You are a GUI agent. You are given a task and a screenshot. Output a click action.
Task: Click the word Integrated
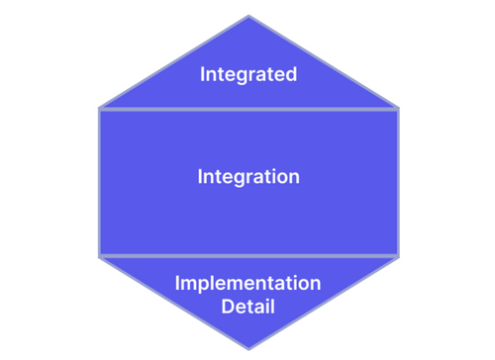248,74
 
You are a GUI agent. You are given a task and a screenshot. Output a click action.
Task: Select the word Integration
248,177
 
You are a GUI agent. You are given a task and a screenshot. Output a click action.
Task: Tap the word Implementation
247,283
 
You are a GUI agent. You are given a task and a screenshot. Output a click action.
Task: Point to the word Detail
247,307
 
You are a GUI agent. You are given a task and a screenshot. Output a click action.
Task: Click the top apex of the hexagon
248,16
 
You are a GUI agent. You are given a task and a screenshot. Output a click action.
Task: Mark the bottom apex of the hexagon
248,349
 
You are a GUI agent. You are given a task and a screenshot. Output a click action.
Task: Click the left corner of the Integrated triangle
99,108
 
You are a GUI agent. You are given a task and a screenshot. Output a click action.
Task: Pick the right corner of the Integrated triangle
399,108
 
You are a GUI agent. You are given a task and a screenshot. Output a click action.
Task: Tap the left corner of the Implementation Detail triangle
99,257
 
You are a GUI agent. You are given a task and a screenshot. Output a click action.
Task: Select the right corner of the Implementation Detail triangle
399,257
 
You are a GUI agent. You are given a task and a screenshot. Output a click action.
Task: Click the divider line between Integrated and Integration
248,109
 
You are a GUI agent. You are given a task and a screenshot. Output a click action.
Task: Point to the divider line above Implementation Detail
248,256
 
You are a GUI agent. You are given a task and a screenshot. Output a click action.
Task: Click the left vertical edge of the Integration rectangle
99,183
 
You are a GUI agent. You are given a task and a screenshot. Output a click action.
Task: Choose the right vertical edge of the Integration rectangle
398,183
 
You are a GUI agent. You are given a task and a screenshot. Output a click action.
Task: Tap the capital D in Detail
228,307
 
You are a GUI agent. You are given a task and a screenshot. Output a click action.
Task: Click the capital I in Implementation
177,283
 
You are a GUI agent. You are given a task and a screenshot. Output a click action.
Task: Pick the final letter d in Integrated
291,74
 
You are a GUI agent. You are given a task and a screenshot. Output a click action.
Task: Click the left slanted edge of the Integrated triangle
174,62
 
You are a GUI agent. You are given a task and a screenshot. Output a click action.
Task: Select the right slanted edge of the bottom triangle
324,303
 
